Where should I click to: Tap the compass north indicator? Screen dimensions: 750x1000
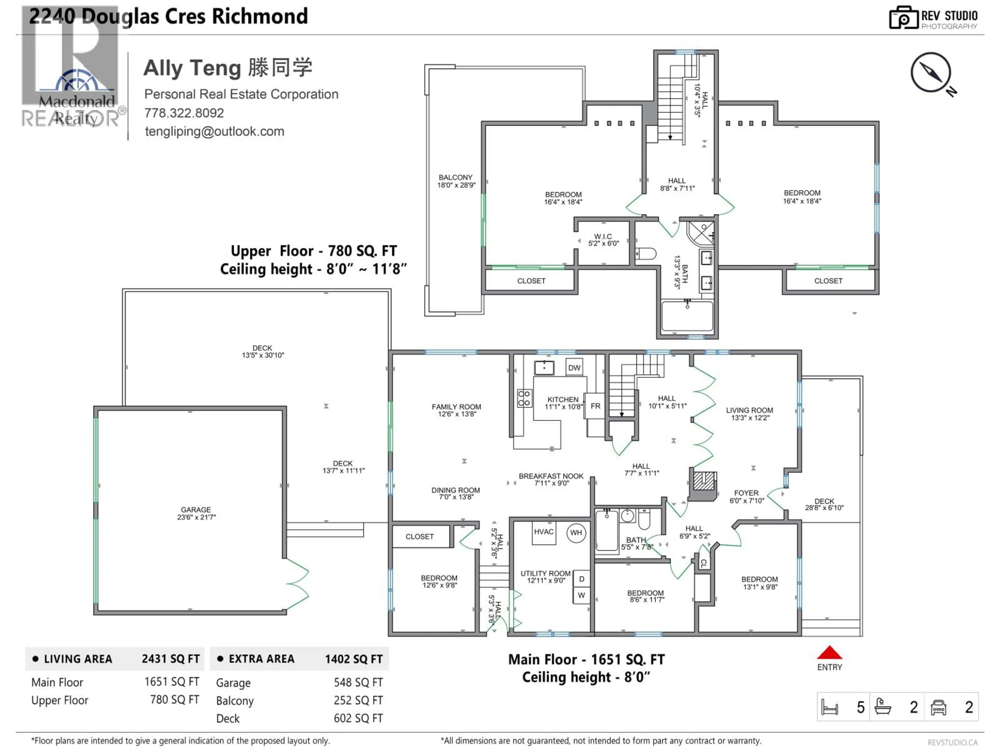click(931, 72)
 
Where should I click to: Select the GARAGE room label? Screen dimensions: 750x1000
click(196, 513)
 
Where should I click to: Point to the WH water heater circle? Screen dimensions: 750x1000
click(576, 533)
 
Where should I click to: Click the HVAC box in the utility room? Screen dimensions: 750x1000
click(543, 532)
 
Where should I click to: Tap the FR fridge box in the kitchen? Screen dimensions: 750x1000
click(595, 406)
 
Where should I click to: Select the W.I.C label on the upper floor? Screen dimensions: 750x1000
click(603, 240)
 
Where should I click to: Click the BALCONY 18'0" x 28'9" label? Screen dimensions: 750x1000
click(456, 181)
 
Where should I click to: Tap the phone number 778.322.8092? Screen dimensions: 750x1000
click(184, 113)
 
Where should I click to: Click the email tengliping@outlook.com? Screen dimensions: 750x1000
click(214, 132)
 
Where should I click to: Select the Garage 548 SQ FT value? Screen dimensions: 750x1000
click(358, 682)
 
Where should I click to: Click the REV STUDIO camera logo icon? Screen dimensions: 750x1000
click(903, 18)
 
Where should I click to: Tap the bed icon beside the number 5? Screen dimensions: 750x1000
click(830, 707)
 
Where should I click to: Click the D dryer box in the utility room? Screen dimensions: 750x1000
click(581, 579)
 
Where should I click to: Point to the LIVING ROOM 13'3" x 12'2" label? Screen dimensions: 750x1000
click(749, 414)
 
